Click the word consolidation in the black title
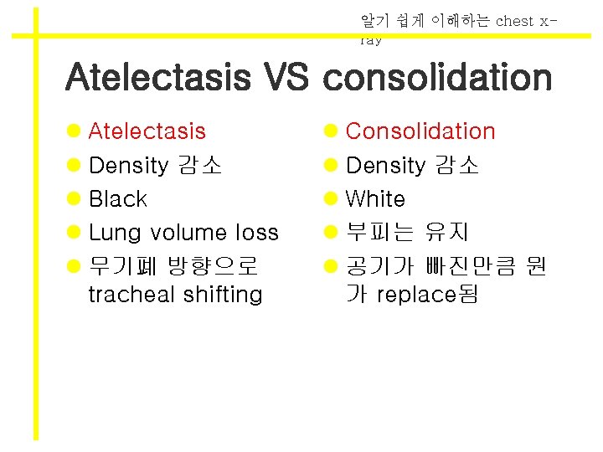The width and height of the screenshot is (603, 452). tap(437, 78)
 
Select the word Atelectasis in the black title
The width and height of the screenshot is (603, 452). tap(157, 78)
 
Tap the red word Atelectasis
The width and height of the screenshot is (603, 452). tap(147, 131)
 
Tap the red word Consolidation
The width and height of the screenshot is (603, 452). tap(420, 131)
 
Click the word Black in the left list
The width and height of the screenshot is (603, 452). tap(117, 199)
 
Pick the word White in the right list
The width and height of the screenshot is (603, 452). tap(375, 199)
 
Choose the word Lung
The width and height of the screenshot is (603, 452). tap(116, 233)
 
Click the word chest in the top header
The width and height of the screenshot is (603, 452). tap(514, 21)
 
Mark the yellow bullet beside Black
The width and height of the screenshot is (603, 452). tap(74, 199)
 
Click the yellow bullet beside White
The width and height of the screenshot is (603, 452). tap(331, 199)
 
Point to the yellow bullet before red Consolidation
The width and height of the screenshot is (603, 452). tap(331, 131)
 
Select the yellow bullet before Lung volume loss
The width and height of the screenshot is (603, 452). tap(74, 233)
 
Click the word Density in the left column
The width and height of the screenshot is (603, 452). tap(128, 166)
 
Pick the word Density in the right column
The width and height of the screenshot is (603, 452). tap(385, 166)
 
